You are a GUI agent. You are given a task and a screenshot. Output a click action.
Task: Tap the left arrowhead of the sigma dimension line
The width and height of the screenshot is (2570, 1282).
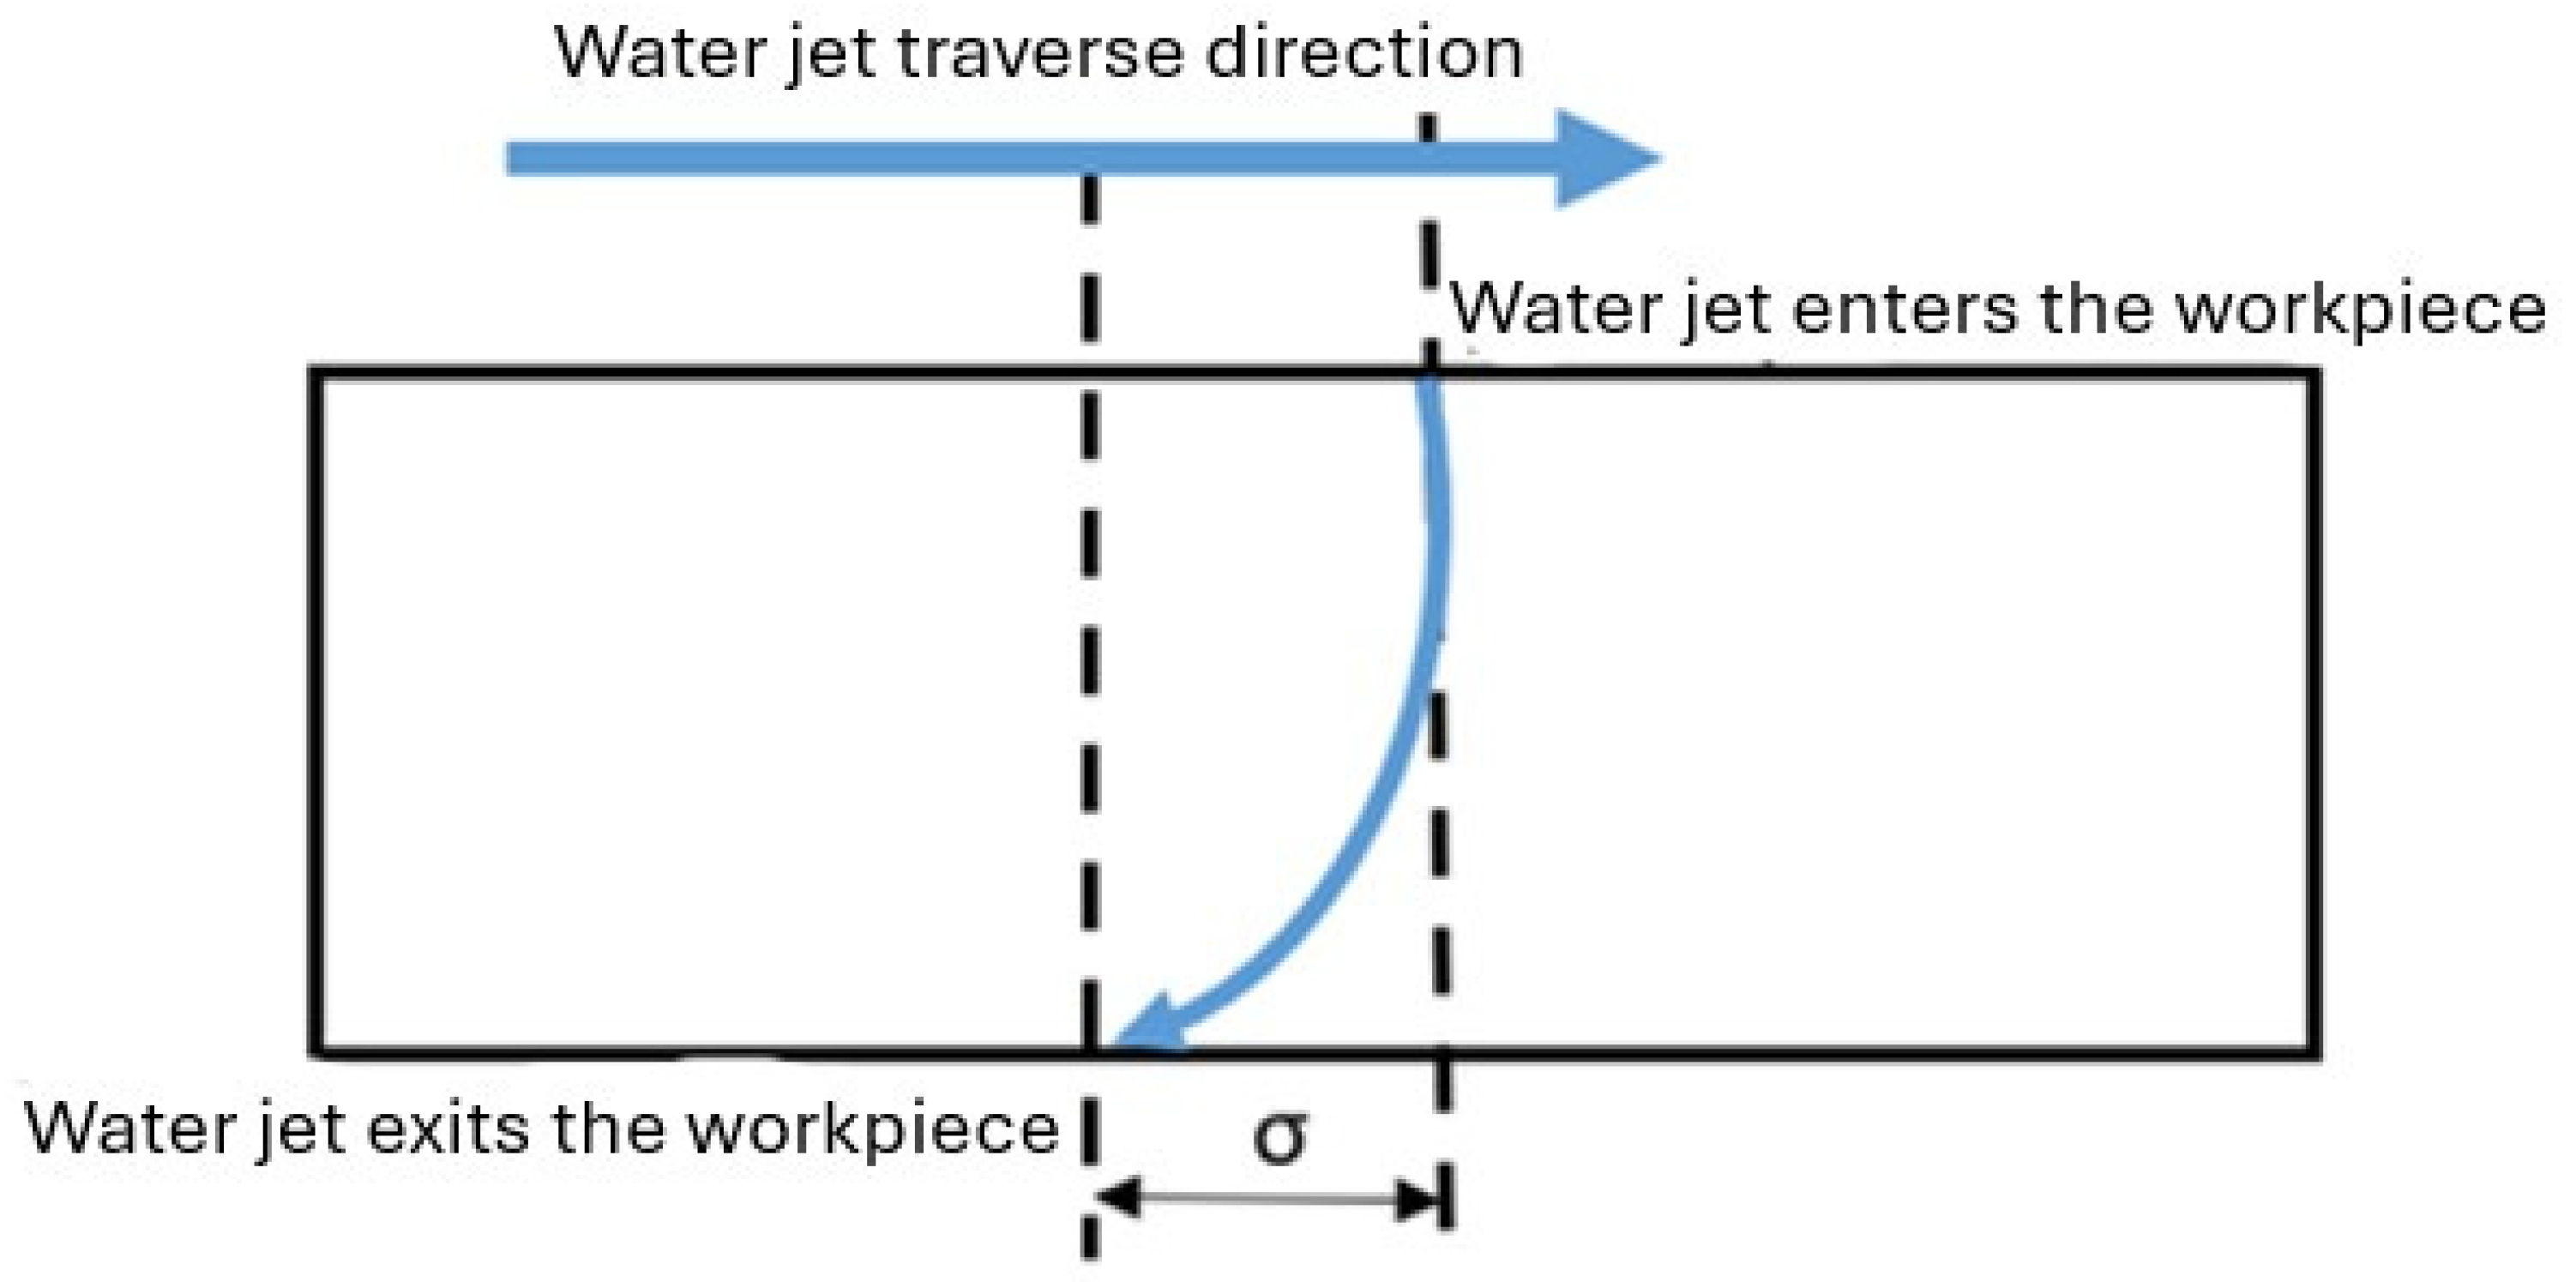1117,1197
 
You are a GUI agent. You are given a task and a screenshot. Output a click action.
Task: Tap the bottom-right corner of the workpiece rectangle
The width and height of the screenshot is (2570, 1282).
2313,1051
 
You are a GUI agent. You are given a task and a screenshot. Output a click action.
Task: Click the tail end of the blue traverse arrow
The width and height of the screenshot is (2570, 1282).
511,159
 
